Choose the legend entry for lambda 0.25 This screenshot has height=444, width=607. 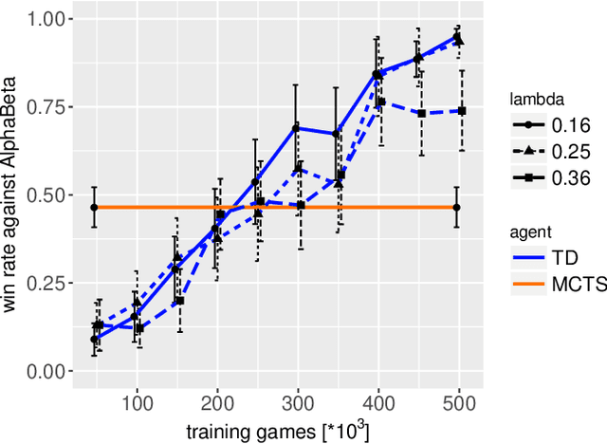(550, 152)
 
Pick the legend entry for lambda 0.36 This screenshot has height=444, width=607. (550, 176)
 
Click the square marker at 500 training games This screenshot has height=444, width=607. (462, 111)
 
